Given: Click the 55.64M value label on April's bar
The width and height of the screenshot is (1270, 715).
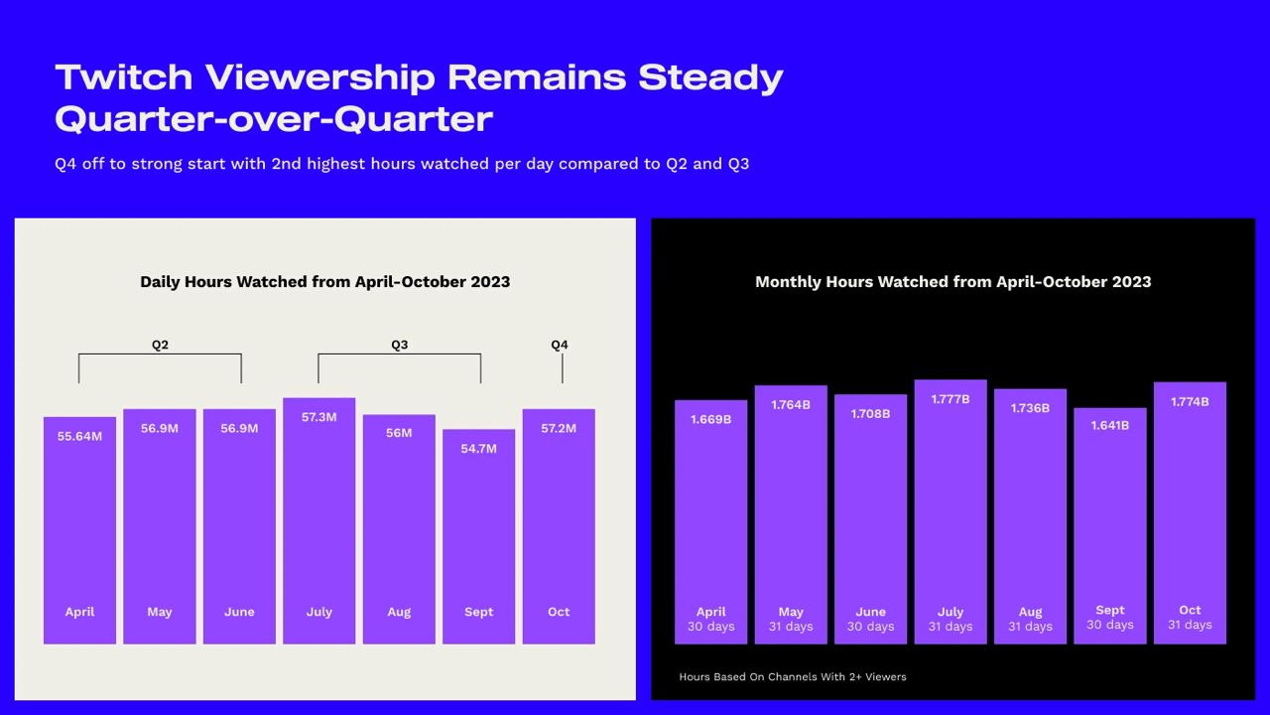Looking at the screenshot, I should pyautogui.click(x=79, y=436).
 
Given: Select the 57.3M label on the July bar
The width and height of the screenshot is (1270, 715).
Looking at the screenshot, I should pyautogui.click(x=318, y=417).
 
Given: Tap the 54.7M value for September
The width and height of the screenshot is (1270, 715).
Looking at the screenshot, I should pyautogui.click(x=478, y=448).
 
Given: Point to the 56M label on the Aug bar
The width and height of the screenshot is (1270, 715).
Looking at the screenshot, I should pyautogui.click(x=399, y=433).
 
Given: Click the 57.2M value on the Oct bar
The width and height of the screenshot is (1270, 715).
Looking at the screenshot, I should pyautogui.click(x=559, y=428).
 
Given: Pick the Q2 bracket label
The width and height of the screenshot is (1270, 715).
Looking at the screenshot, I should pyautogui.click(x=160, y=345).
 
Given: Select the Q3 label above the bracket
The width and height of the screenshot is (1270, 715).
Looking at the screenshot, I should pyautogui.click(x=399, y=345).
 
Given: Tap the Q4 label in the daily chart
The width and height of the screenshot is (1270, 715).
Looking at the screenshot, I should pyautogui.click(x=560, y=345).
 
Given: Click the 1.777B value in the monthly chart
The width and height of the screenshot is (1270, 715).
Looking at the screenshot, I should pyautogui.click(x=951, y=398).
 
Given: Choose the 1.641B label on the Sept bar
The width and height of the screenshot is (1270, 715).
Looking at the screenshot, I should pyautogui.click(x=1109, y=425).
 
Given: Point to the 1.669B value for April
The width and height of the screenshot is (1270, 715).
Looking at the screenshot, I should pyautogui.click(x=710, y=419).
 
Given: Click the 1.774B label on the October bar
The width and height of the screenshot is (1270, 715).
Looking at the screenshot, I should pyautogui.click(x=1190, y=401).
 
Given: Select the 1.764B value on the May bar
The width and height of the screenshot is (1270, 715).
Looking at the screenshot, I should pyautogui.click(x=791, y=404).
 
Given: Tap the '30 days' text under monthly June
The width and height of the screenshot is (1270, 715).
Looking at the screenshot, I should pyautogui.click(x=870, y=627).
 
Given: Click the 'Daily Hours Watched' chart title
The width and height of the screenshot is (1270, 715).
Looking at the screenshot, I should pyautogui.click(x=324, y=281).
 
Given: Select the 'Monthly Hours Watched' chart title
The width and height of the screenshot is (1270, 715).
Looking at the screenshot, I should pyautogui.click(x=952, y=281).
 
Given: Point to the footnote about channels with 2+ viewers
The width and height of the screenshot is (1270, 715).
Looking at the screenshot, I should pyautogui.click(x=793, y=676).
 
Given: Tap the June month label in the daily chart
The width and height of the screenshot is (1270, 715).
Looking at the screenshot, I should pyautogui.click(x=239, y=612).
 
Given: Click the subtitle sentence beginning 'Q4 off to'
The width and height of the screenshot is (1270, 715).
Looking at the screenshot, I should pyautogui.click(x=402, y=163).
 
